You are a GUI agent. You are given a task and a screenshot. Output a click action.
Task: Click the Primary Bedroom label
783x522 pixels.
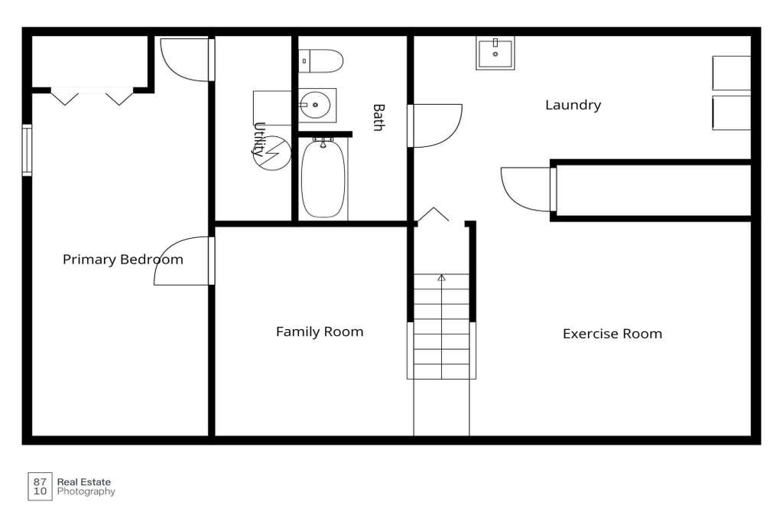(x=123, y=259)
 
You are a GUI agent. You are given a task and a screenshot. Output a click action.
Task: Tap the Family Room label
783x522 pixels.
(x=320, y=331)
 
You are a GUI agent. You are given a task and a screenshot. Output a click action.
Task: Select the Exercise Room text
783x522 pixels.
(x=612, y=334)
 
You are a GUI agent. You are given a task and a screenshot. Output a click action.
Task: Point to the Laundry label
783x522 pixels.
(x=573, y=105)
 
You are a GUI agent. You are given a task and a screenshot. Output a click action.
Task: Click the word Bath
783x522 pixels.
(x=379, y=118)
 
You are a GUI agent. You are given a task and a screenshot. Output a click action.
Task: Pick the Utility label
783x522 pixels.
(x=258, y=139)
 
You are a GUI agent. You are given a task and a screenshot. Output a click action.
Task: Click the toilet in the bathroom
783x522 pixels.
(x=320, y=61)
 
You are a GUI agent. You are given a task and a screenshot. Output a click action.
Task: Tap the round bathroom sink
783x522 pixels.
(x=315, y=105)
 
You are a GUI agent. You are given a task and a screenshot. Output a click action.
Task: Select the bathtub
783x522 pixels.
(x=323, y=178)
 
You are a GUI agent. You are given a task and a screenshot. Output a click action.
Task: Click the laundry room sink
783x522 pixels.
(x=495, y=53)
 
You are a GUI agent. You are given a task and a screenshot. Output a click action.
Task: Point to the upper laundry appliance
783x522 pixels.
(x=731, y=73)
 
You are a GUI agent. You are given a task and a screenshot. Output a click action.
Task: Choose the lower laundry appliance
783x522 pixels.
(x=731, y=113)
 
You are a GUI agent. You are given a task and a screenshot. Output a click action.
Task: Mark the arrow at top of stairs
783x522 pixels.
(x=441, y=278)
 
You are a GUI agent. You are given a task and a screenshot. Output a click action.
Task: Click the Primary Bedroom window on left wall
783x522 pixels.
(x=27, y=150)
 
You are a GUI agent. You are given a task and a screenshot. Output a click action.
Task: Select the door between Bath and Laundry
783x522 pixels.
(x=435, y=126)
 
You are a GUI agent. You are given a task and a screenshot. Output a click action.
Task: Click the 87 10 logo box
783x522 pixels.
(x=40, y=487)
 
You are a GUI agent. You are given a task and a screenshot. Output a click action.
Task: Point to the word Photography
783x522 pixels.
(x=86, y=492)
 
